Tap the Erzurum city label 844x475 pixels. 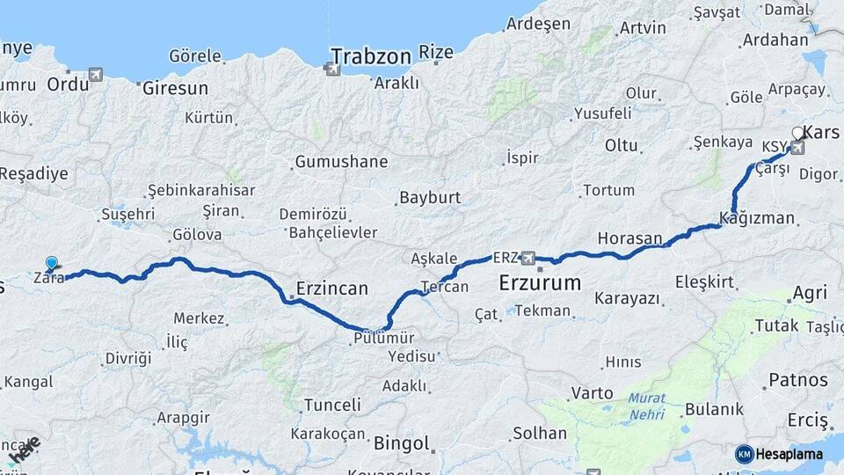coord(540,283)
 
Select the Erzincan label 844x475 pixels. coord(332,289)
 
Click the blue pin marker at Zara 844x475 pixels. coord(52,263)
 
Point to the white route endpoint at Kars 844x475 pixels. coord(797,134)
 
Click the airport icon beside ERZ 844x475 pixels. coord(527,258)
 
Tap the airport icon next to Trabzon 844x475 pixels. coord(334,67)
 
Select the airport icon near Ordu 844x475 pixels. coord(95,75)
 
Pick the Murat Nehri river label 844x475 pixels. coord(646,405)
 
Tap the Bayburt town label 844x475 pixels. coord(430,198)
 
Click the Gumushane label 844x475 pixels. coord(341,162)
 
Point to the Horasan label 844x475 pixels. coord(629,237)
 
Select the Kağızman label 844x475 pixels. coord(756,218)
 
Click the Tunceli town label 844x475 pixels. coord(331,405)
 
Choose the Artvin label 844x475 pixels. coord(642,27)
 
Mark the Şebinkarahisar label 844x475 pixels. coord(201,190)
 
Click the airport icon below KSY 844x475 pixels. coord(797,148)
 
